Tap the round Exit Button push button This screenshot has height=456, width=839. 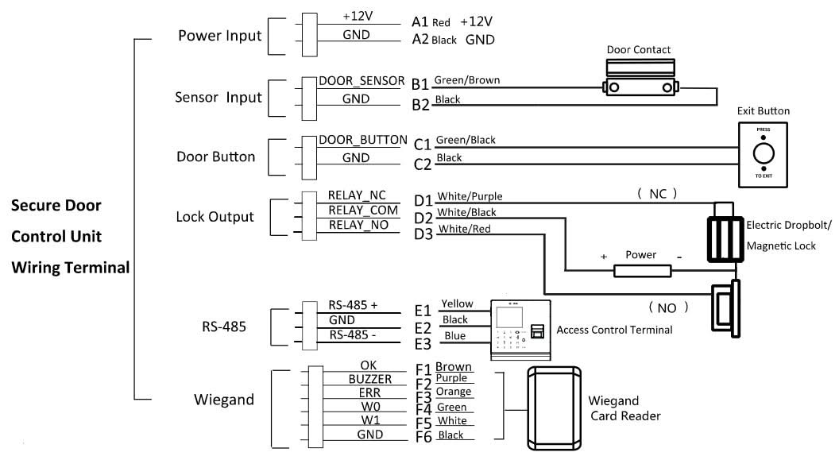coord(763,153)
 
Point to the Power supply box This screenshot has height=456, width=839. coord(642,271)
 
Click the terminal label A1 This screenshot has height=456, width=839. coord(420,22)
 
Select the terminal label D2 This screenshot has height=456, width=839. coord(423,217)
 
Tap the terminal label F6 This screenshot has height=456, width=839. coord(423,436)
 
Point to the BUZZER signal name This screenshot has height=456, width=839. coord(369,380)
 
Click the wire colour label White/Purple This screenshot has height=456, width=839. coord(470,196)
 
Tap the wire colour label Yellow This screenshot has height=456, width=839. coord(457,303)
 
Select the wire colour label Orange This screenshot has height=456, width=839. coord(454,392)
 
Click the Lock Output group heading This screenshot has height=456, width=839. coord(215,216)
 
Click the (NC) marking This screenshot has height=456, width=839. coord(655,193)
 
